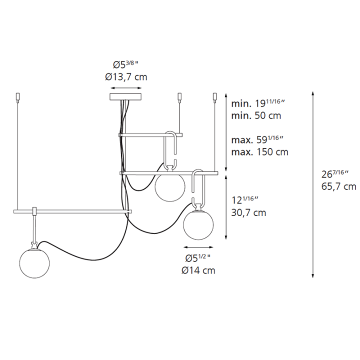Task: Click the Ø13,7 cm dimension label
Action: [126, 76]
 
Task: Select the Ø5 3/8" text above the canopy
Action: [125, 64]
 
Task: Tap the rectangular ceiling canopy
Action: [125, 96]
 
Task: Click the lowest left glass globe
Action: [34, 263]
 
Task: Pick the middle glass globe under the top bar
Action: [170, 186]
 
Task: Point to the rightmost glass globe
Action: [198, 225]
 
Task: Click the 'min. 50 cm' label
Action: [256, 115]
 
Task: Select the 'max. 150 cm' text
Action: [259, 152]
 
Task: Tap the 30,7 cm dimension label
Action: [248, 213]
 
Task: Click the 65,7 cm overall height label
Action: [339, 186]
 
